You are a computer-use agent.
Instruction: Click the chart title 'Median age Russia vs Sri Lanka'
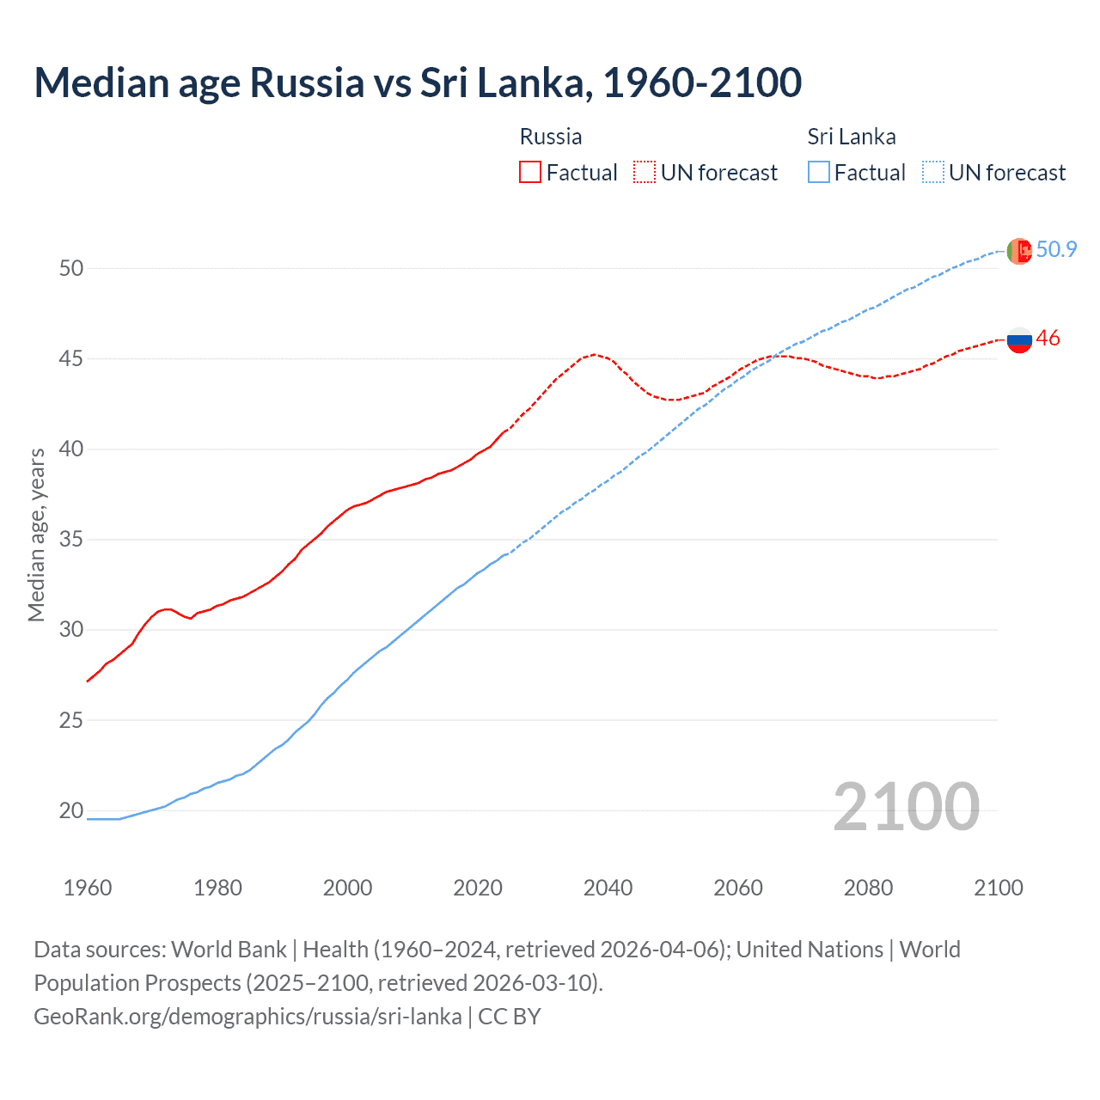418,82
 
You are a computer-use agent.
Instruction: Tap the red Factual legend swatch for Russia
530,172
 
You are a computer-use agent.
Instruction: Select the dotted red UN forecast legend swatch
644,172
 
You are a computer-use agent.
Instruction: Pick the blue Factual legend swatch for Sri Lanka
819,172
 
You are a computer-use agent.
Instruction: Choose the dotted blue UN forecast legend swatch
932,172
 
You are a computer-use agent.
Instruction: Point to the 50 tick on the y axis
71,268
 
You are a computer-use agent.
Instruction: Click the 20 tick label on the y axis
71,810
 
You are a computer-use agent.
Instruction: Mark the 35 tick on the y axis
71,540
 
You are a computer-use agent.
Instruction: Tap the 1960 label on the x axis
88,888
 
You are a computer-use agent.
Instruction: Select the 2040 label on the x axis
608,888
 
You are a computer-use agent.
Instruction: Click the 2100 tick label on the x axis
998,888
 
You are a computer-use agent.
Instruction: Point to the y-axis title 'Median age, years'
36,535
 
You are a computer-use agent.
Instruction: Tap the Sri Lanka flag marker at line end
1019,251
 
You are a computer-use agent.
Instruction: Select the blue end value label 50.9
1056,249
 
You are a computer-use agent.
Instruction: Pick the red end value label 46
1048,339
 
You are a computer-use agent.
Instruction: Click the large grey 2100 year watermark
906,806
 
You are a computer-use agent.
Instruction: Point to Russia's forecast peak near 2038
594,354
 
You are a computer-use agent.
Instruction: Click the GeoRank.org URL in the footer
247,1016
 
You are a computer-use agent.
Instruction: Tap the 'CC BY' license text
510,1016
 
